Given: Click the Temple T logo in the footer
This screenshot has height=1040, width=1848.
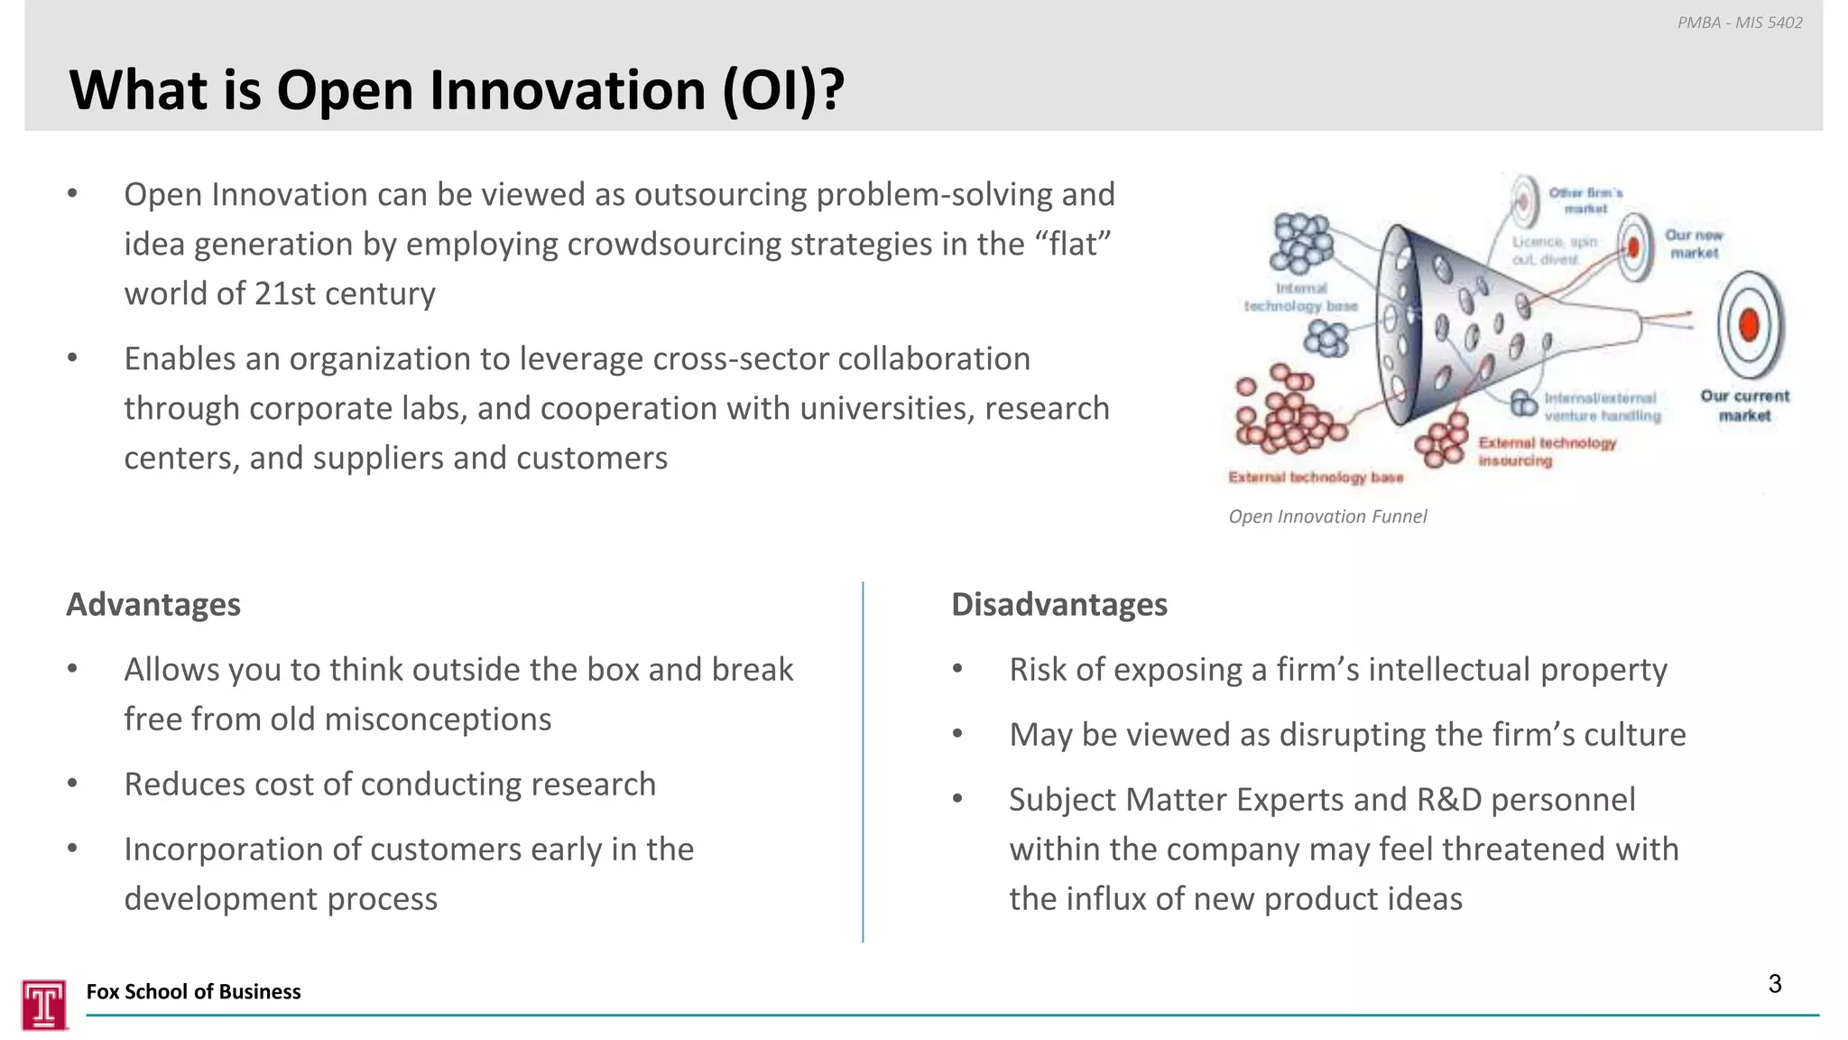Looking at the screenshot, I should coord(44,1004).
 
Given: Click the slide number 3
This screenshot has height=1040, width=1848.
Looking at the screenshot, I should coord(1774,984).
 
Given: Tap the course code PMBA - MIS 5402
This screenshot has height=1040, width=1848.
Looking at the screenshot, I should coord(1739,23).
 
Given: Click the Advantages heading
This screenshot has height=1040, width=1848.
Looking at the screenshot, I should coord(153,604).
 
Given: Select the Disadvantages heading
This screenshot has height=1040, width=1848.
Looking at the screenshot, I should coord(1058,604).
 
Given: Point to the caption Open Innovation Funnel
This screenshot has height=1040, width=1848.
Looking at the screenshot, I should coord(1327,516).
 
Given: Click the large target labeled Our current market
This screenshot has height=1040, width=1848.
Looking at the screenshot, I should coord(1749,325).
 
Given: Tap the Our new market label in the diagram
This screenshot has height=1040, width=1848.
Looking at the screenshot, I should coord(1693,244).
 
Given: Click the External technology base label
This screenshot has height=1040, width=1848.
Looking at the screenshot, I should coord(1316,477).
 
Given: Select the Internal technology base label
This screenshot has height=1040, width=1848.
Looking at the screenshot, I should coord(1300,297).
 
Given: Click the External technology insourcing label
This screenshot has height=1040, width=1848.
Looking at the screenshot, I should coord(1546,451).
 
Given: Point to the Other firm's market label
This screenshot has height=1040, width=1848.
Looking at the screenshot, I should coord(1585,200).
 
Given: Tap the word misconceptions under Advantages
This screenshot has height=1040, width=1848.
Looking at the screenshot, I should coord(437,720).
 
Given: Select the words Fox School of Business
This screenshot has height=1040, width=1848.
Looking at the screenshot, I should coord(193,991).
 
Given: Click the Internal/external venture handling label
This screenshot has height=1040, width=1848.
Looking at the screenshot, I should coord(1601,406).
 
